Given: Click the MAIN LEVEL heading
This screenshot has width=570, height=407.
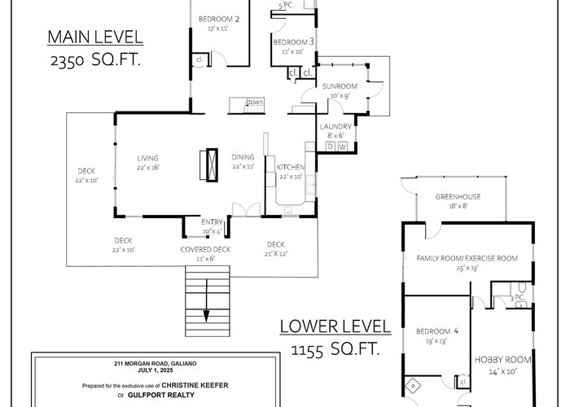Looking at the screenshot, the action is (x=95, y=37).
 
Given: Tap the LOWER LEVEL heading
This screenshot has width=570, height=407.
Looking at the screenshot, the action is (x=335, y=326).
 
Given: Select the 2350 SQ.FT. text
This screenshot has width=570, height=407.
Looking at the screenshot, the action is (x=95, y=59).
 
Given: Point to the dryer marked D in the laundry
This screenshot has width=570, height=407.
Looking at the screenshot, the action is (x=330, y=147).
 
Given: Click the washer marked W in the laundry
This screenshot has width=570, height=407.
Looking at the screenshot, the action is (x=343, y=147).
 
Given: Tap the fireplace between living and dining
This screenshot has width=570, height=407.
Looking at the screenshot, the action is (x=212, y=164).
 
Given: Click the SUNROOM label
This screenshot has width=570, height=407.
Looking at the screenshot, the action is (x=340, y=86).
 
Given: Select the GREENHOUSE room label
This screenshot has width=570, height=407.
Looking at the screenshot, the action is (x=458, y=197).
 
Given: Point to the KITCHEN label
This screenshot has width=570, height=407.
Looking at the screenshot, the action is (x=291, y=167).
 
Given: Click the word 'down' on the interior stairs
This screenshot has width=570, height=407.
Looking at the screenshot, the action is (x=254, y=102).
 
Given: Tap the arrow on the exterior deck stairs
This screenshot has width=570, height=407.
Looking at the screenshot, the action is (x=207, y=300).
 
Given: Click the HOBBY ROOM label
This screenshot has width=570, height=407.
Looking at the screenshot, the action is (x=502, y=360).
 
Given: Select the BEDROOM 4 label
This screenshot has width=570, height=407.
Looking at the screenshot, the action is (x=437, y=331).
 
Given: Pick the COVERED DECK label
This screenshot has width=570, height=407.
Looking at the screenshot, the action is (x=205, y=250).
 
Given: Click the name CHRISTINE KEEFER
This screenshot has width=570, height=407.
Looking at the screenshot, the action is (x=195, y=385).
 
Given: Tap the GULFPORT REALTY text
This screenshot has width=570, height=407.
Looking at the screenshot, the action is (x=161, y=395).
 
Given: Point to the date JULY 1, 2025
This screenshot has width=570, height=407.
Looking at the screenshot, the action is (x=156, y=370).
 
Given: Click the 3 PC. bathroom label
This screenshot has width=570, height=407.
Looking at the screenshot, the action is (x=518, y=299).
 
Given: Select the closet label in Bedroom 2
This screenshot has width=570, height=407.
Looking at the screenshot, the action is (x=199, y=59).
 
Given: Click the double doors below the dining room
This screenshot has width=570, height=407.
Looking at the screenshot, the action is (x=247, y=210).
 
